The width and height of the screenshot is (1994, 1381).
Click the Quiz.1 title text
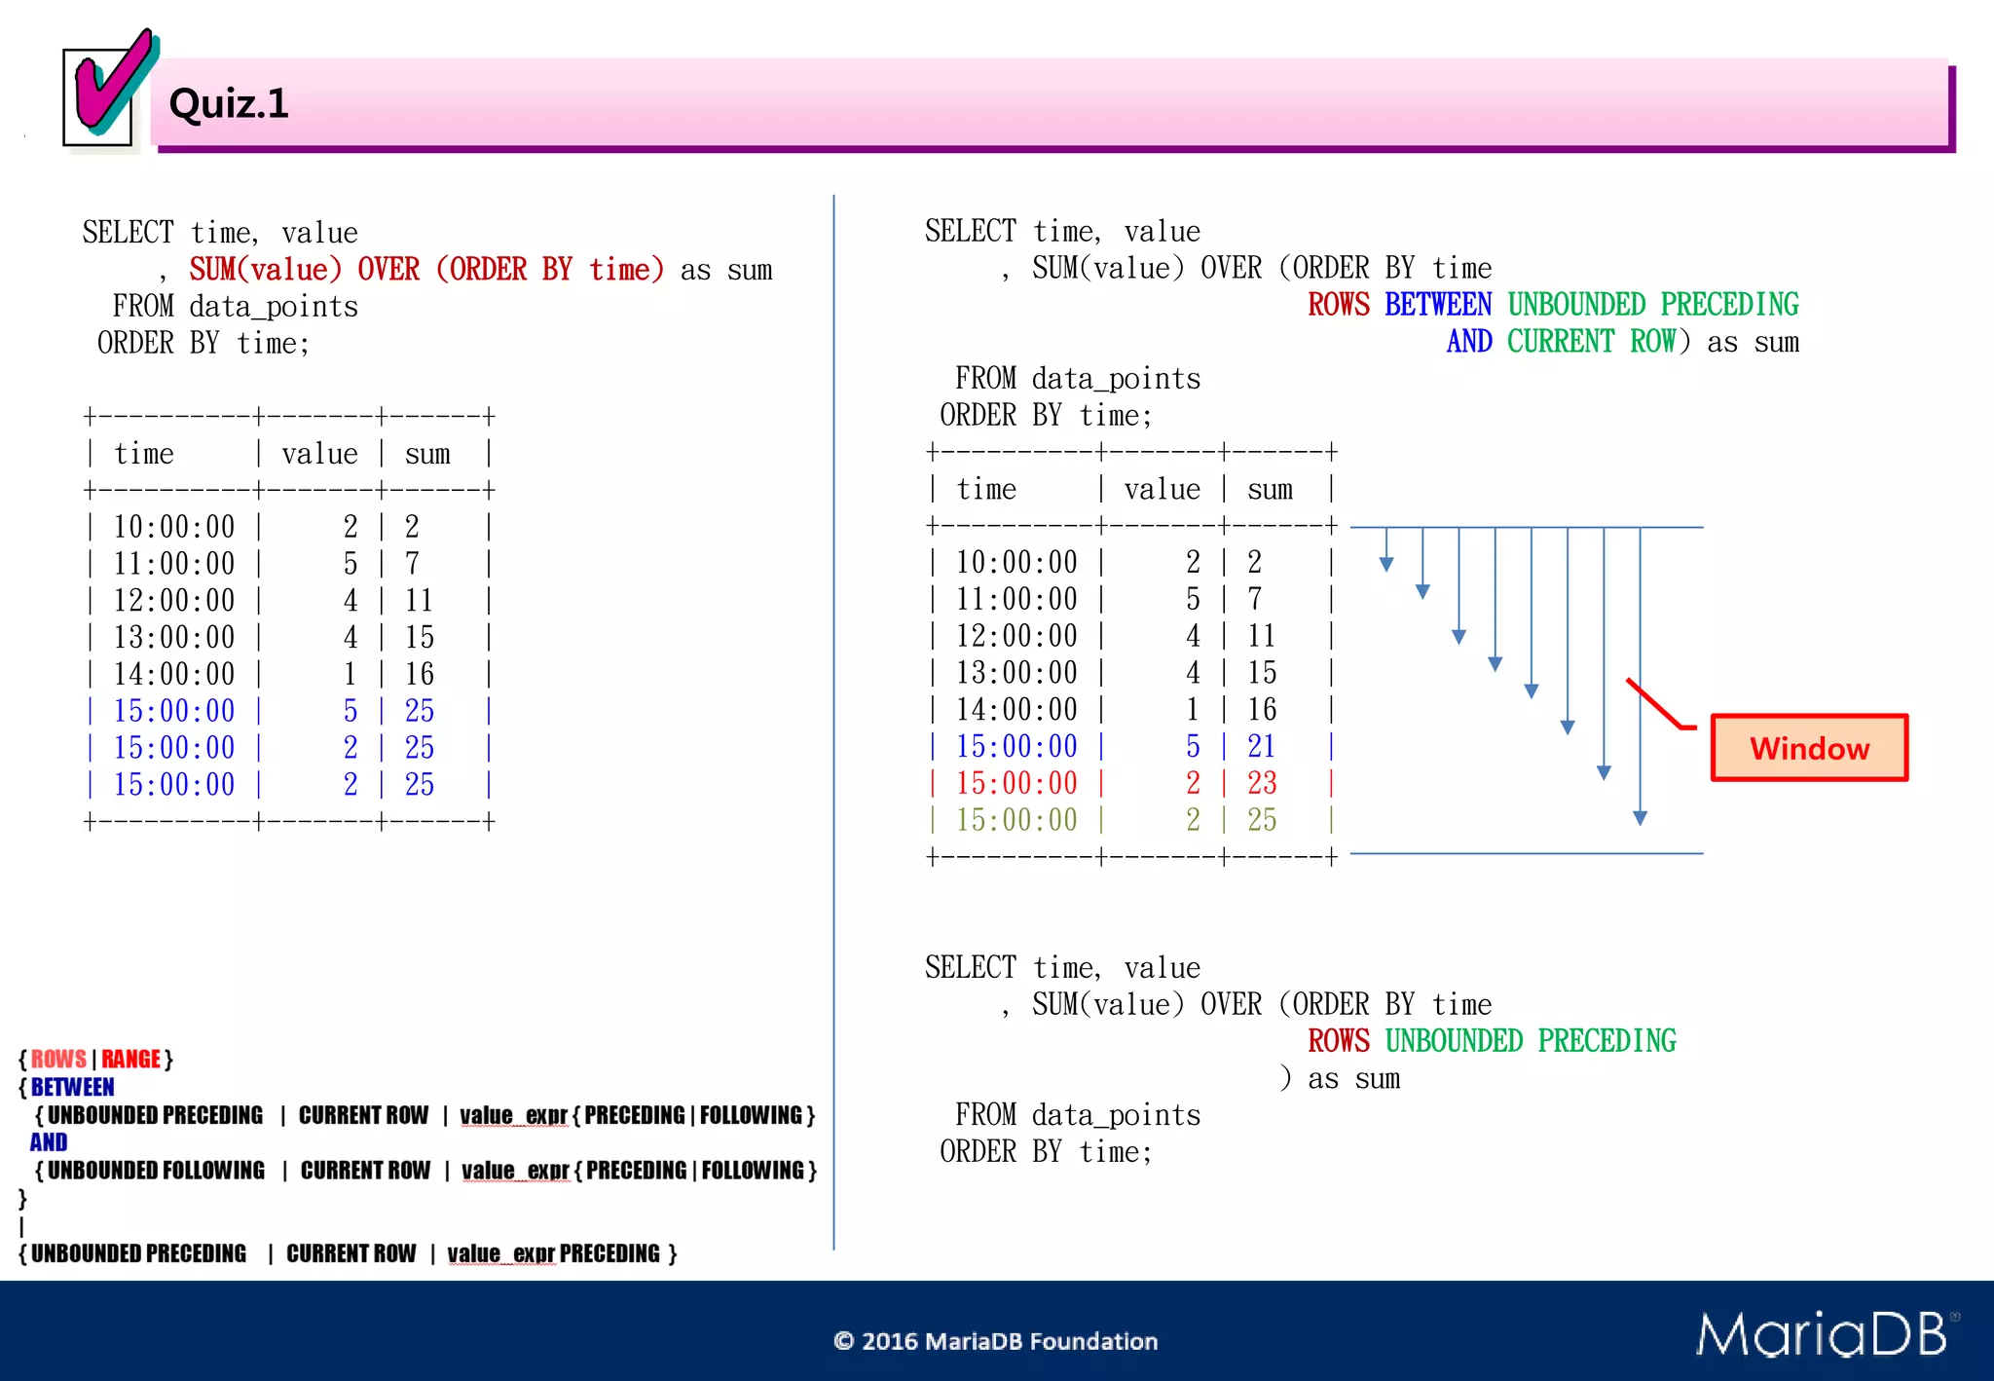click(229, 103)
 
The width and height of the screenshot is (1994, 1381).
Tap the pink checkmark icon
click(112, 86)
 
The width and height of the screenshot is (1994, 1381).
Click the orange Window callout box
click(1809, 748)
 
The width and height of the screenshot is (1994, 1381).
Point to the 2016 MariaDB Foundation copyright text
click(996, 1341)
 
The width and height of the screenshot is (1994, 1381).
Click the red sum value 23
click(1262, 783)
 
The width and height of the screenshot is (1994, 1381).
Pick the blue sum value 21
click(1262, 746)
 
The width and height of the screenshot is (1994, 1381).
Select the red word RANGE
click(130, 1059)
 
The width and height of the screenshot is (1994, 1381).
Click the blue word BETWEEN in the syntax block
click(73, 1087)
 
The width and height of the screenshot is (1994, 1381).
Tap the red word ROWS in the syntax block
click(58, 1059)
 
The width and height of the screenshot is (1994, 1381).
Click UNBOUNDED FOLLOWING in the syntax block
click(156, 1170)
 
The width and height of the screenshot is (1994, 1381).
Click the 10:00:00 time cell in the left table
click(174, 527)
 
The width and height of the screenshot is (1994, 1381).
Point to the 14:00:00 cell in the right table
click(1016, 709)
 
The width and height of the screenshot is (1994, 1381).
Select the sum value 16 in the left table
click(420, 674)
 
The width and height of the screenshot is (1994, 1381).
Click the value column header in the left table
click(319, 454)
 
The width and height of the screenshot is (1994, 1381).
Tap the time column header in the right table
click(986, 489)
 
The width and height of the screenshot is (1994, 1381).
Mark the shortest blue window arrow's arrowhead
click(1386, 564)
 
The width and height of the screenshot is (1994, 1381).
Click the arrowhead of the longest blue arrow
click(1641, 817)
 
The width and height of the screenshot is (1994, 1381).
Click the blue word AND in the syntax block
click(49, 1142)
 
